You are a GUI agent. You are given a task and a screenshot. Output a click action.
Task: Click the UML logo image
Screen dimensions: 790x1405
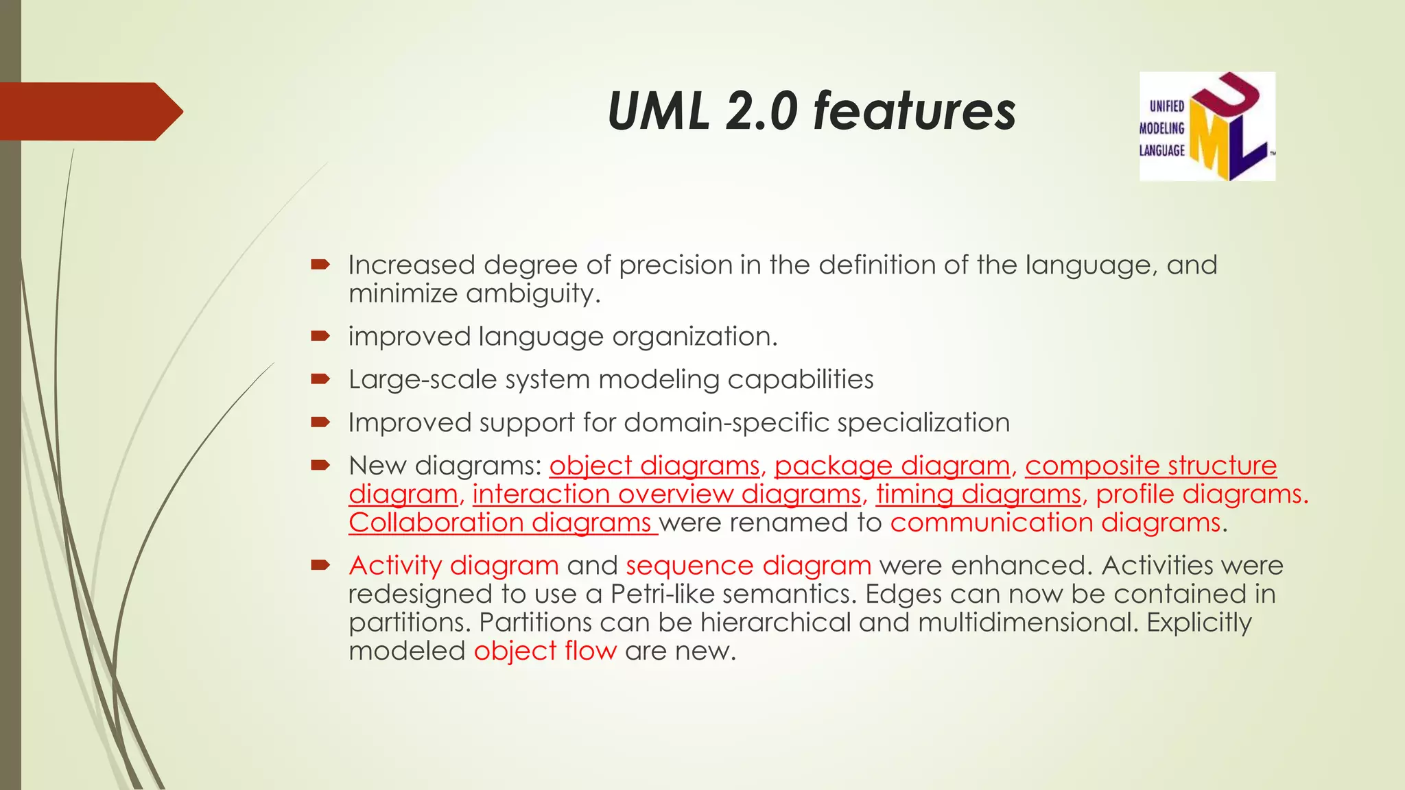coord(1207,126)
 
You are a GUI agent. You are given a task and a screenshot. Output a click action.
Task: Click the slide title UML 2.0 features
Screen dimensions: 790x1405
coord(811,111)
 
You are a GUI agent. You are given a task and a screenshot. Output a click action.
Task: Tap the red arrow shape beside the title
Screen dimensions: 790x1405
coord(89,111)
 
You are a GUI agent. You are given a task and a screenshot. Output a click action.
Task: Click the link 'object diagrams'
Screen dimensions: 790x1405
coord(654,466)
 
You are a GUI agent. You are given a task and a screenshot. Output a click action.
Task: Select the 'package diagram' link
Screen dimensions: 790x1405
coord(892,466)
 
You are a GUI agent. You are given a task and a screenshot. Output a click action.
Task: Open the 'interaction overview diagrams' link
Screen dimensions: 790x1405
coord(666,494)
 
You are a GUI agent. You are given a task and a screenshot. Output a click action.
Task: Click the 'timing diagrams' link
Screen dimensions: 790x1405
coord(978,494)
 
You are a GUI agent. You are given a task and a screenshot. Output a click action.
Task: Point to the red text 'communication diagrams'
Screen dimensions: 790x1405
coord(1055,523)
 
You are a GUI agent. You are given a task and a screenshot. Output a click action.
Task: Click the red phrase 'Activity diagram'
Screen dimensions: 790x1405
coord(453,566)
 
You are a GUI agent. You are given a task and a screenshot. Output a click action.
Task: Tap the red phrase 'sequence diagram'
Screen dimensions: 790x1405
coord(748,566)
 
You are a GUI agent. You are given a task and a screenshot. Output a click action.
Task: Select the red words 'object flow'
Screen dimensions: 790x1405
coord(545,651)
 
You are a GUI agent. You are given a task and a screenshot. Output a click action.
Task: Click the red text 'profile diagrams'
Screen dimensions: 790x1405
coord(1200,494)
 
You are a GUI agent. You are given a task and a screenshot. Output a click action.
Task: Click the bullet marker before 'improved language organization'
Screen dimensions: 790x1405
coord(320,336)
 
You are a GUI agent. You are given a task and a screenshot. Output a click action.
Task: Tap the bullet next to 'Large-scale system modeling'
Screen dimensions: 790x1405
coord(320,379)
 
